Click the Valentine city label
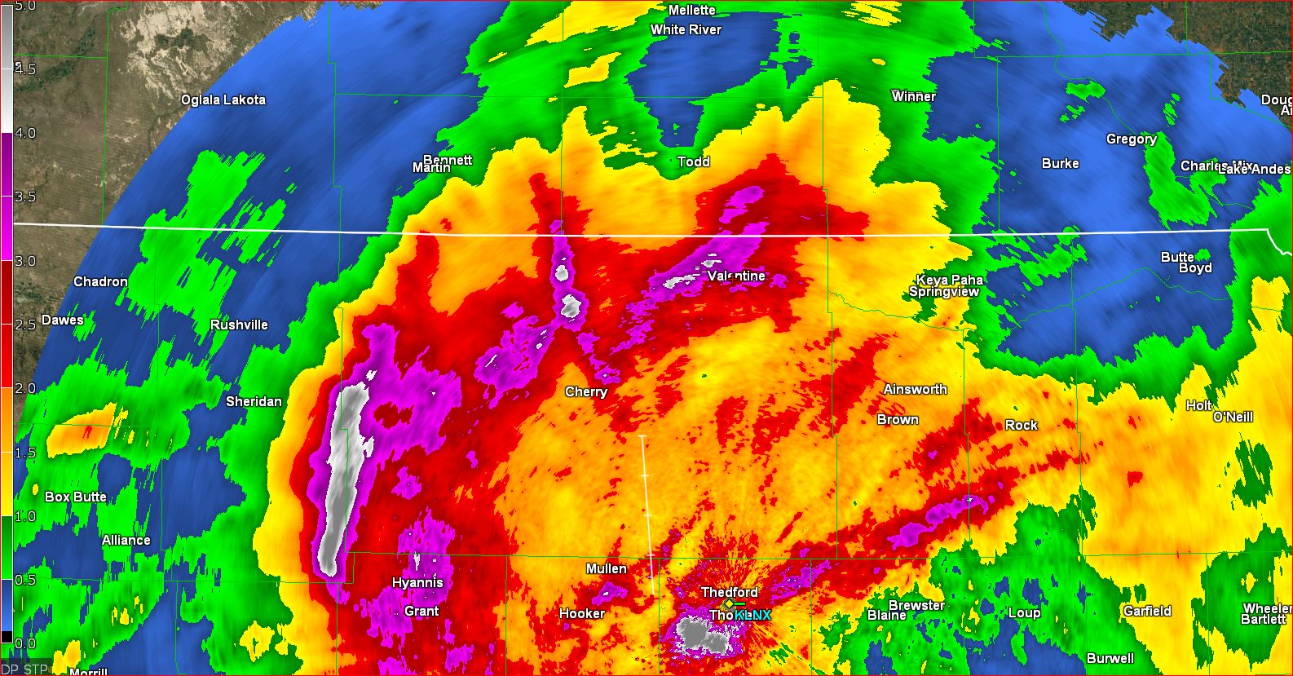pos(736,276)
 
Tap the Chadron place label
pos(100,281)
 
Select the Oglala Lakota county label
pos(223,99)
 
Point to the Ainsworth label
pos(915,389)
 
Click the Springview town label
pos(943,291)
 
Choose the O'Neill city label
pos(1233,417)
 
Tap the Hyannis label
pos(417,582)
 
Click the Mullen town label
pos(606,568)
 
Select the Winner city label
pos(913,96)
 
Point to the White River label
pos(686,29)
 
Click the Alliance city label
pos(126,540)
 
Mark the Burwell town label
pos(1110,658)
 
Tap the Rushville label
pos(239,325)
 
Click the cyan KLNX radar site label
pos(752,615)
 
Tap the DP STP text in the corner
pos(24,669)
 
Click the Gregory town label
pos(1131,139)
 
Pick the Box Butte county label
pos(75,497)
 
